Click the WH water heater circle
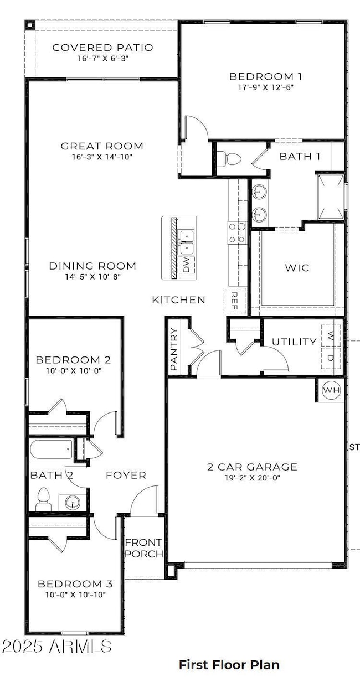click(331, 391)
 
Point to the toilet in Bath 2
click(43, 501)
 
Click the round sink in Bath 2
click(71, 503)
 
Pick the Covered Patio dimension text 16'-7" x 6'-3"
click(102, 59)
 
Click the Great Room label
click(102, 146)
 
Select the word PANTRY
click(174, 350)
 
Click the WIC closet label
click(297, 268)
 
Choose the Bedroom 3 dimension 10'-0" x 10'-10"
click(75, 595)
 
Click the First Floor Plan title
click(229, 664)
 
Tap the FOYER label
click(126, 475)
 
